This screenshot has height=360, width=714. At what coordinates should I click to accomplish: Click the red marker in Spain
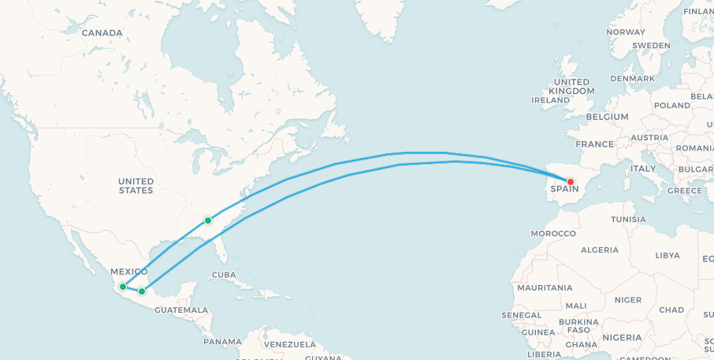coord(571,182)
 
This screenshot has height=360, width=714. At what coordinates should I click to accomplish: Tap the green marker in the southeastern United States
coord(207,221)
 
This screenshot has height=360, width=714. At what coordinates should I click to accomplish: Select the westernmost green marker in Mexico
coord(123,287)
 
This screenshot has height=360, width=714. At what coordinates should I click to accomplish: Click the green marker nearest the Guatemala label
coord(142,291)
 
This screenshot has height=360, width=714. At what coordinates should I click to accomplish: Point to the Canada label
coord(102,33)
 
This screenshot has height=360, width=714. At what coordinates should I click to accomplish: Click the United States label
coord(136,186)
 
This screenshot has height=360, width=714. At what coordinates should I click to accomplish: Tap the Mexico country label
coord(128,272)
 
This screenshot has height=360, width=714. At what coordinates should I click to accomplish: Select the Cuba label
coord(223,275)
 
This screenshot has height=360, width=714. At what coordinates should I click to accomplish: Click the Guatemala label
coord(181,310)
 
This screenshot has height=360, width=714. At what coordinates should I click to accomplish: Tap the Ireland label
coord(550,101)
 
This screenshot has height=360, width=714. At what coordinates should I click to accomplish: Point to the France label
coord(594,144)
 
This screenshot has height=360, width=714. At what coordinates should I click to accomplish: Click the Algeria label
coord(599,250)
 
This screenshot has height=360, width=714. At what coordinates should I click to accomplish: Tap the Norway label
coord(626,32)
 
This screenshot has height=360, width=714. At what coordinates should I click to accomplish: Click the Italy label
coord(642,169)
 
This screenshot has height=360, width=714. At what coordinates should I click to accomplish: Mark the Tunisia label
coord(628,219)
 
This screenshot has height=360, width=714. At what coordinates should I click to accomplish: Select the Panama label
coord(222,341)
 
